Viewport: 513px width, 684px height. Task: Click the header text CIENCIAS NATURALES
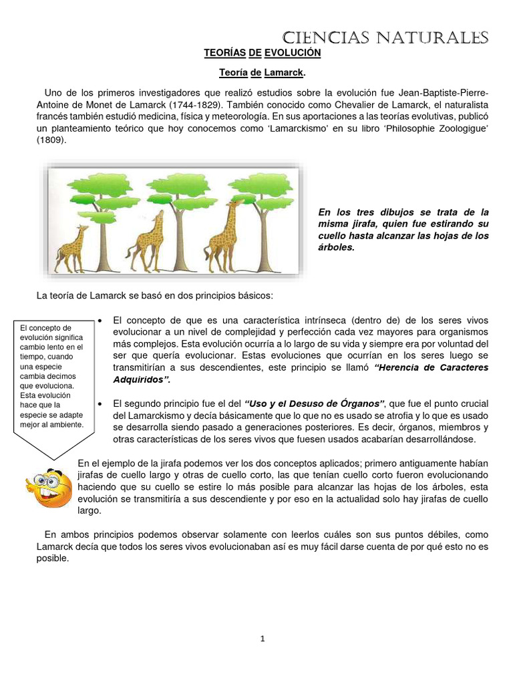[385, 37]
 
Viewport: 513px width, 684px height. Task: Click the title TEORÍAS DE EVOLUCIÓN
[262, 52]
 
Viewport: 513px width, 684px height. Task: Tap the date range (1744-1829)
[198, 106]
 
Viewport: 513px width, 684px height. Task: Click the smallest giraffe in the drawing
[71, 249]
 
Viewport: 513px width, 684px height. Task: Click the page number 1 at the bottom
[263, 639]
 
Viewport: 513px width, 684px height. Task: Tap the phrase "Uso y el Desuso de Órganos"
[315, 404]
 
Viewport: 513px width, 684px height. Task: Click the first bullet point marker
[100, 321]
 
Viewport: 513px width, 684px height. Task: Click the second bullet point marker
[100, 404]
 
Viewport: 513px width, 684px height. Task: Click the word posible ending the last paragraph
[53, 559]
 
